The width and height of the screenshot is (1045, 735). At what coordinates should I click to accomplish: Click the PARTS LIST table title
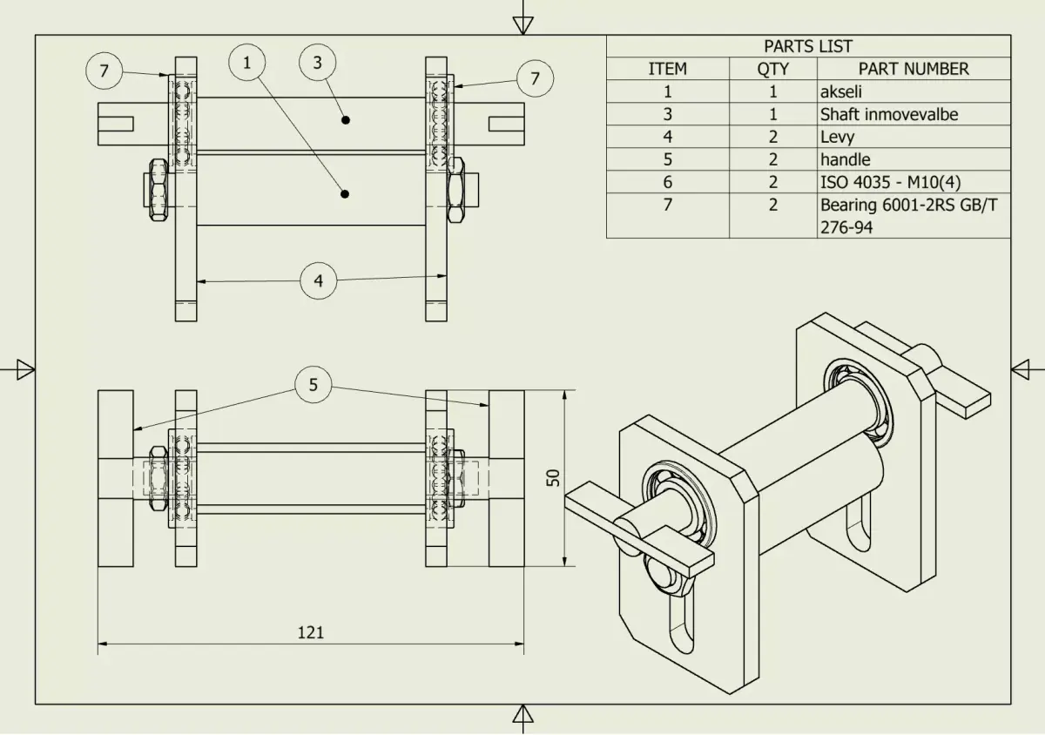(x=808, y=46)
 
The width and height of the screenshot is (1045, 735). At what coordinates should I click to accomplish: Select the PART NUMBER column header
(x=913, y=69)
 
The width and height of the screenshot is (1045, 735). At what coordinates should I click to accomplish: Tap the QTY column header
(x=772, y=69)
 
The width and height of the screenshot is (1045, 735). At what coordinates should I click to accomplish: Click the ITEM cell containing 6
(x=667, y=182)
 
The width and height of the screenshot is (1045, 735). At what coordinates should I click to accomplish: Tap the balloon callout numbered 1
(x=247, y=62)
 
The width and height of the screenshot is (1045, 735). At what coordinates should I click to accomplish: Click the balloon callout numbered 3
(x=317, y=62)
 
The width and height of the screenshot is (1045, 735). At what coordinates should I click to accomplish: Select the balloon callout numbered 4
(x=318, y=280)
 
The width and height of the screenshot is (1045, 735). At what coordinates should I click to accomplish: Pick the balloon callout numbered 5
(x=313, y=384)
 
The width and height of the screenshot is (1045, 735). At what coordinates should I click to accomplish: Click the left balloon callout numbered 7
(x=104, y=71)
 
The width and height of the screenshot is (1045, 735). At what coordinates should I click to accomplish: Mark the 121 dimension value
(x=310, y=632)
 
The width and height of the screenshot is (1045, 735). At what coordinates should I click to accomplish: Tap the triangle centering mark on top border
(x=522, y=24)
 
